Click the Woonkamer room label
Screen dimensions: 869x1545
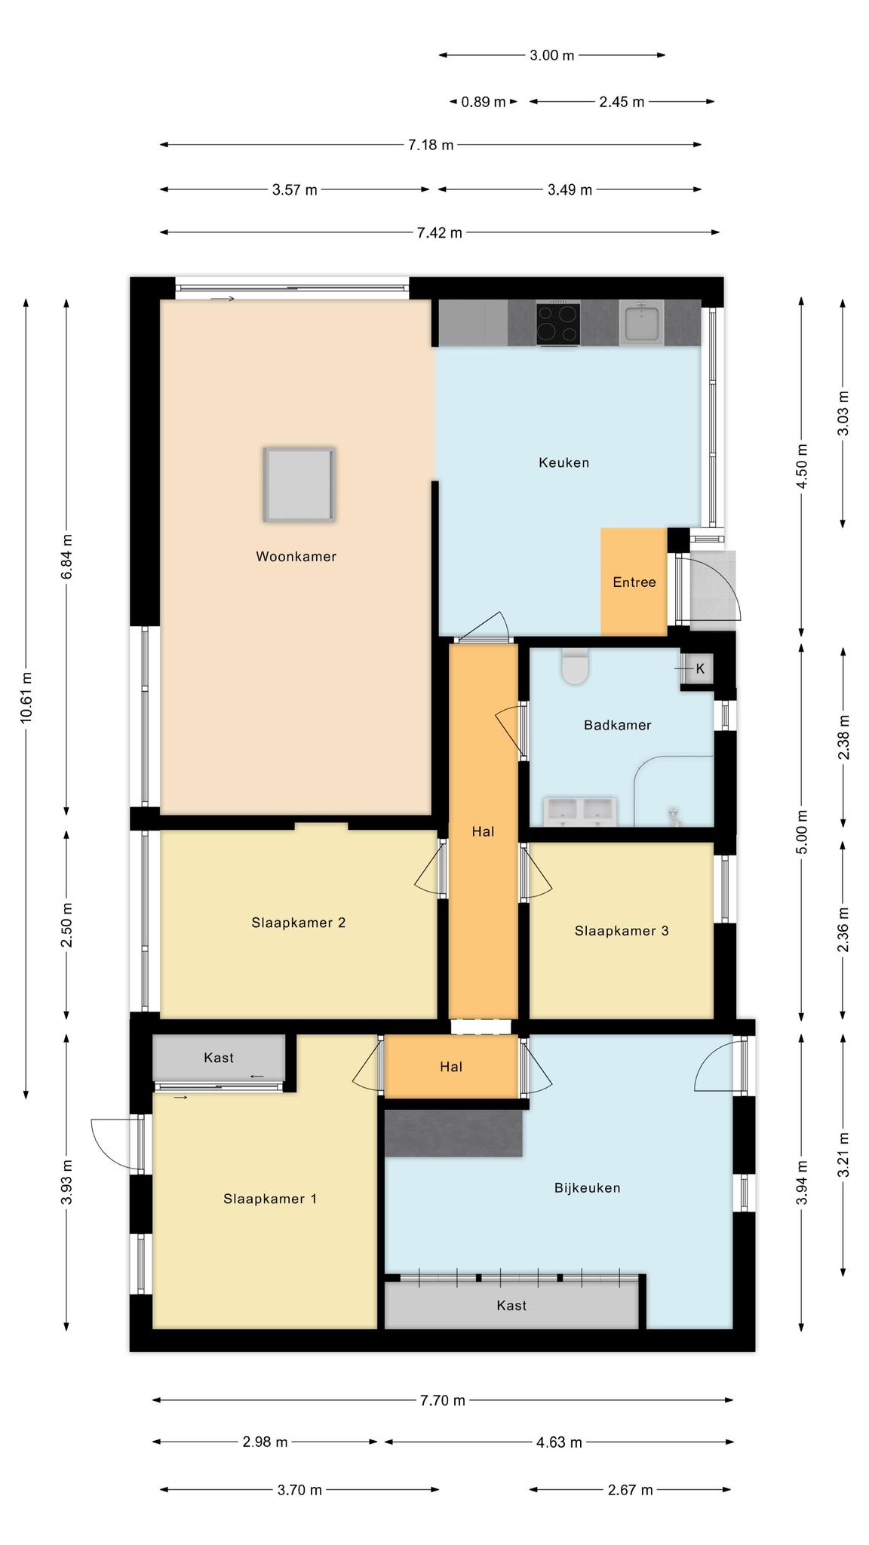[x=296, y=557]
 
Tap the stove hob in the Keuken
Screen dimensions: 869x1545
[x=558, y=324]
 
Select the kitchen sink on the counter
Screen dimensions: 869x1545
[x=640, y=322]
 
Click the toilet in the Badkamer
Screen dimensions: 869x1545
[x=575, y=666]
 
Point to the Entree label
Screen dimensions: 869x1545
[x=634, y=582]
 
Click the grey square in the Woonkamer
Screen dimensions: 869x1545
[x=299, y=484]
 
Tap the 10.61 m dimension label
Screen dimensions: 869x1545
[x=26, y=698]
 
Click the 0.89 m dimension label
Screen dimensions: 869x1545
[x=484, y=102]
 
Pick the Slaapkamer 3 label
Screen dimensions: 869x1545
[x=622, y=931]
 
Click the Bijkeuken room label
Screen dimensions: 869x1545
[x=588, y=1188]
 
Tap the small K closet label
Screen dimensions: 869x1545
[x=700, y=668]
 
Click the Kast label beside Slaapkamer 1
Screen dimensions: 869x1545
[x=219, y=1058]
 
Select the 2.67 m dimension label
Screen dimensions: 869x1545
[x=630, y=1490]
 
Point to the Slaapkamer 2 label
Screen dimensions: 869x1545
[x=299, y=923]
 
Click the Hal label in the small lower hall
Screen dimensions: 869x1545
[x=451, y=1067]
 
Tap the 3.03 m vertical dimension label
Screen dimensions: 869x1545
[x=843, y=413]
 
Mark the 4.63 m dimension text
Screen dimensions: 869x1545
[x=559, y=1442]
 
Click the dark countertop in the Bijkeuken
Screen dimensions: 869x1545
[x=453, y=1133]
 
